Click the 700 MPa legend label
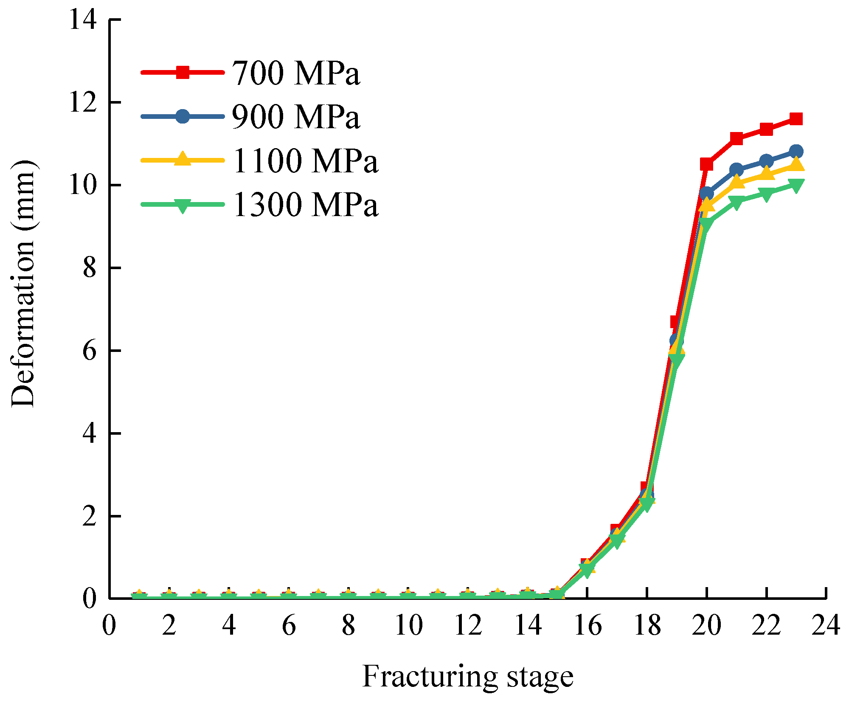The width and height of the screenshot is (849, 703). point(296,73)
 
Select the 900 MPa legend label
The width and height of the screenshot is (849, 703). point(296,117)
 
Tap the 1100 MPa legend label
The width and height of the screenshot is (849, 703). point(305,161)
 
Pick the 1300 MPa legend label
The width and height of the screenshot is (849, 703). point(305,205)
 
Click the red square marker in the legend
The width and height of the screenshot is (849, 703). point(183,73)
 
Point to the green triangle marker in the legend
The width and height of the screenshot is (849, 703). point(183,205)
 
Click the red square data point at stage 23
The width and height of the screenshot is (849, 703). point(796,119)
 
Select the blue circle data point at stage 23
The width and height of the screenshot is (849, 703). point(796,151)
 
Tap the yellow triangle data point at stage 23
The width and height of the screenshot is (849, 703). point(796,164)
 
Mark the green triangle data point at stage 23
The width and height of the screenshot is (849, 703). point(796,185)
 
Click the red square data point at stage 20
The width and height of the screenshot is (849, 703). point(706,164)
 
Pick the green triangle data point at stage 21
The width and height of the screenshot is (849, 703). point(737,202)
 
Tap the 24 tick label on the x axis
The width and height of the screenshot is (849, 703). point(826,625)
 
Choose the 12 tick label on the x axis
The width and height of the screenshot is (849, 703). point(468,625)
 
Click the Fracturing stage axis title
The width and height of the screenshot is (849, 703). point(468,677)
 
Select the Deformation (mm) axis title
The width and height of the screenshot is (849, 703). point(23,284)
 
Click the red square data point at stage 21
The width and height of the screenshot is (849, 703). point(737,138)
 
